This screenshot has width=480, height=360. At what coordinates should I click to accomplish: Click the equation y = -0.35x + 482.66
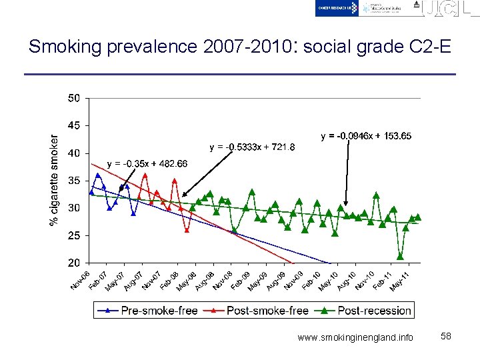(147, 164)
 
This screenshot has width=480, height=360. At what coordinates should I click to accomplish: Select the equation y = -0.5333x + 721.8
(251, 147)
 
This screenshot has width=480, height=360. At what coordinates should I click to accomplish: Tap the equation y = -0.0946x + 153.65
(366, 136)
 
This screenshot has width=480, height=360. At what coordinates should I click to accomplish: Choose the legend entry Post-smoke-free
(257, 310)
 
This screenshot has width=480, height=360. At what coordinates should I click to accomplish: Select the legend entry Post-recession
(365, 310)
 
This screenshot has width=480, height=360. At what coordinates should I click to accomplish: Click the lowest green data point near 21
(400, 256)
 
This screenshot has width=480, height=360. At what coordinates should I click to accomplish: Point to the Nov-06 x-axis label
(81, 281)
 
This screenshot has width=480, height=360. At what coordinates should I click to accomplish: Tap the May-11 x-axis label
(399, 281)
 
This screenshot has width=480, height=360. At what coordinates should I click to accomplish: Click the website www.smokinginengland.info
(355, 337)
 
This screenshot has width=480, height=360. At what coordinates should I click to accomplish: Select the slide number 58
(446, 337)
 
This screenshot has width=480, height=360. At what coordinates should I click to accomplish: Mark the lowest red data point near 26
(187, 230)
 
